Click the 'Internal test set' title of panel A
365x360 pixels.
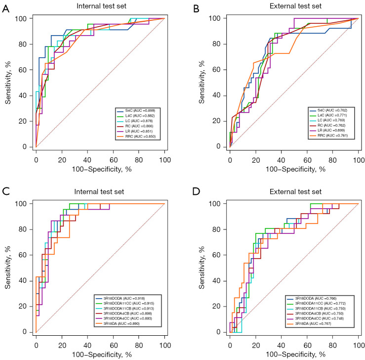pyautogui.click(x=100, y=6)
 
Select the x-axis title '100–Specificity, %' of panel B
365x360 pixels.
pyautogui.click(x=294, y=168)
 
